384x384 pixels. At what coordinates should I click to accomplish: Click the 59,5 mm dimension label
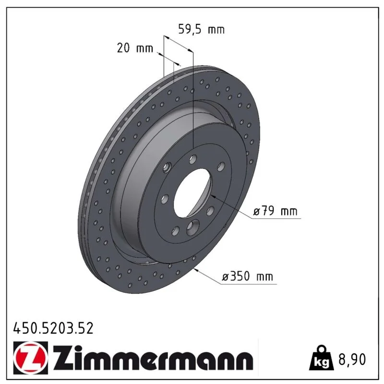201,29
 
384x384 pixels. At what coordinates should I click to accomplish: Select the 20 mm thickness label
135,48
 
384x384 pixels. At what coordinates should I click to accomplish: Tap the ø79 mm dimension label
275,211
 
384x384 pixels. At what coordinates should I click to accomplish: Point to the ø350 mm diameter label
247,276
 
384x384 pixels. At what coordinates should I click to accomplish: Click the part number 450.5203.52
53,328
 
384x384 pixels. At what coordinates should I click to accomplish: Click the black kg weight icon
321,358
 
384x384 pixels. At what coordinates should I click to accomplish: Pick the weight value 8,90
352,359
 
